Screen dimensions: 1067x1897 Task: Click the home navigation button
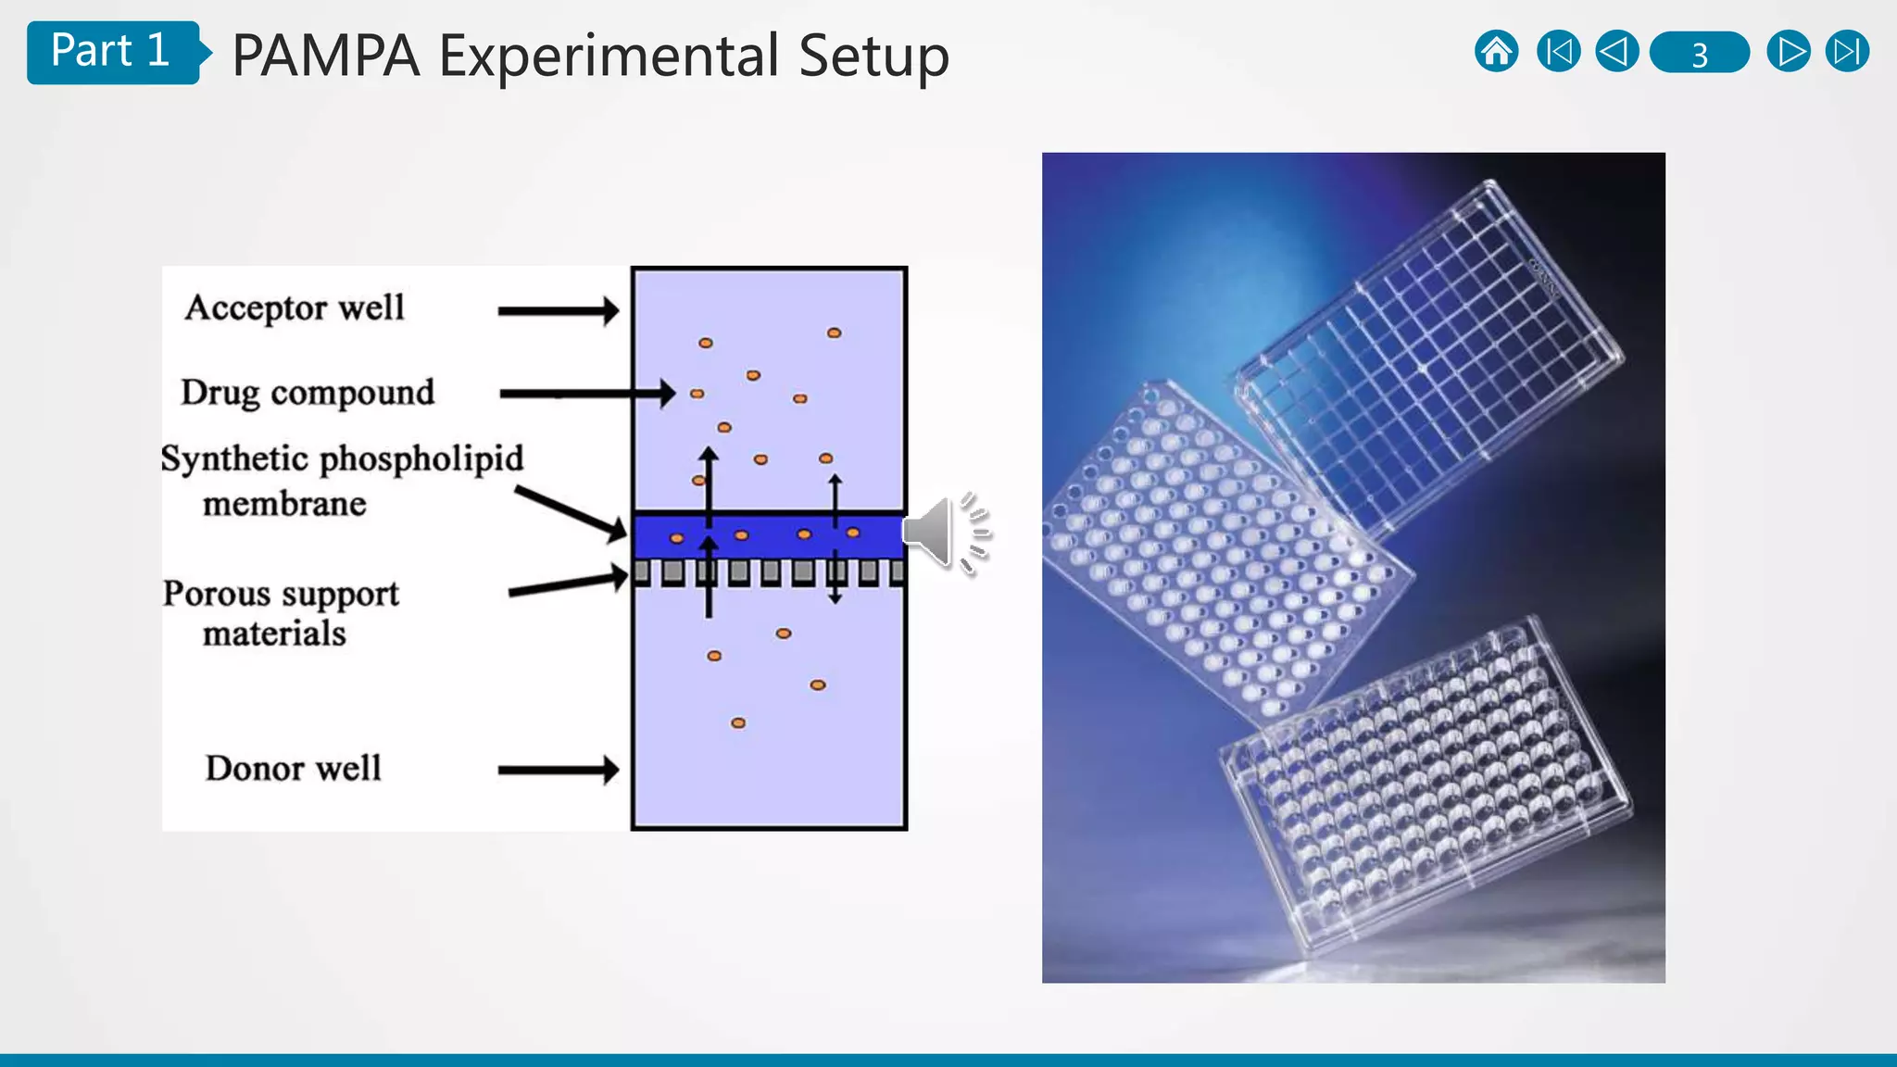pos(1496,52)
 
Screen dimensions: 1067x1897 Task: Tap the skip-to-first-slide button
pos(1558,52)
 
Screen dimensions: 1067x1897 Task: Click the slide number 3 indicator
pos(1699,53)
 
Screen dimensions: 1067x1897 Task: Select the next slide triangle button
pos(1788,52)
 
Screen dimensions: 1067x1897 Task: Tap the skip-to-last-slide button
pos(1847,52)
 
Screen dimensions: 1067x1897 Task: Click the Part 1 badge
pos(111,52)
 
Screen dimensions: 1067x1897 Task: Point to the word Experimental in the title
pos(609,56)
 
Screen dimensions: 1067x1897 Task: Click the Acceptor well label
pos(295,308)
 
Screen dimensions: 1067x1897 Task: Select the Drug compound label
pos(308,393)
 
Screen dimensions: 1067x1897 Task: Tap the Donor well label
pos(293,768)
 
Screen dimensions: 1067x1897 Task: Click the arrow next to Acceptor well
pos(558,311)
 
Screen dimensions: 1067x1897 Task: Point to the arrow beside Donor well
pos(558,769)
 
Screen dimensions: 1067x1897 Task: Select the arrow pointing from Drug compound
pos(587,394)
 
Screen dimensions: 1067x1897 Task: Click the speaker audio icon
pos(945,533)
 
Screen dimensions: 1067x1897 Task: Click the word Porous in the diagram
pos(217,594)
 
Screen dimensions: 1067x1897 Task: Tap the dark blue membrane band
pos(769,535)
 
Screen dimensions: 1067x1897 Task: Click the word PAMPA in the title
pos(326,56)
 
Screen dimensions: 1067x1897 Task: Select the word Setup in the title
pos(873,56)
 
